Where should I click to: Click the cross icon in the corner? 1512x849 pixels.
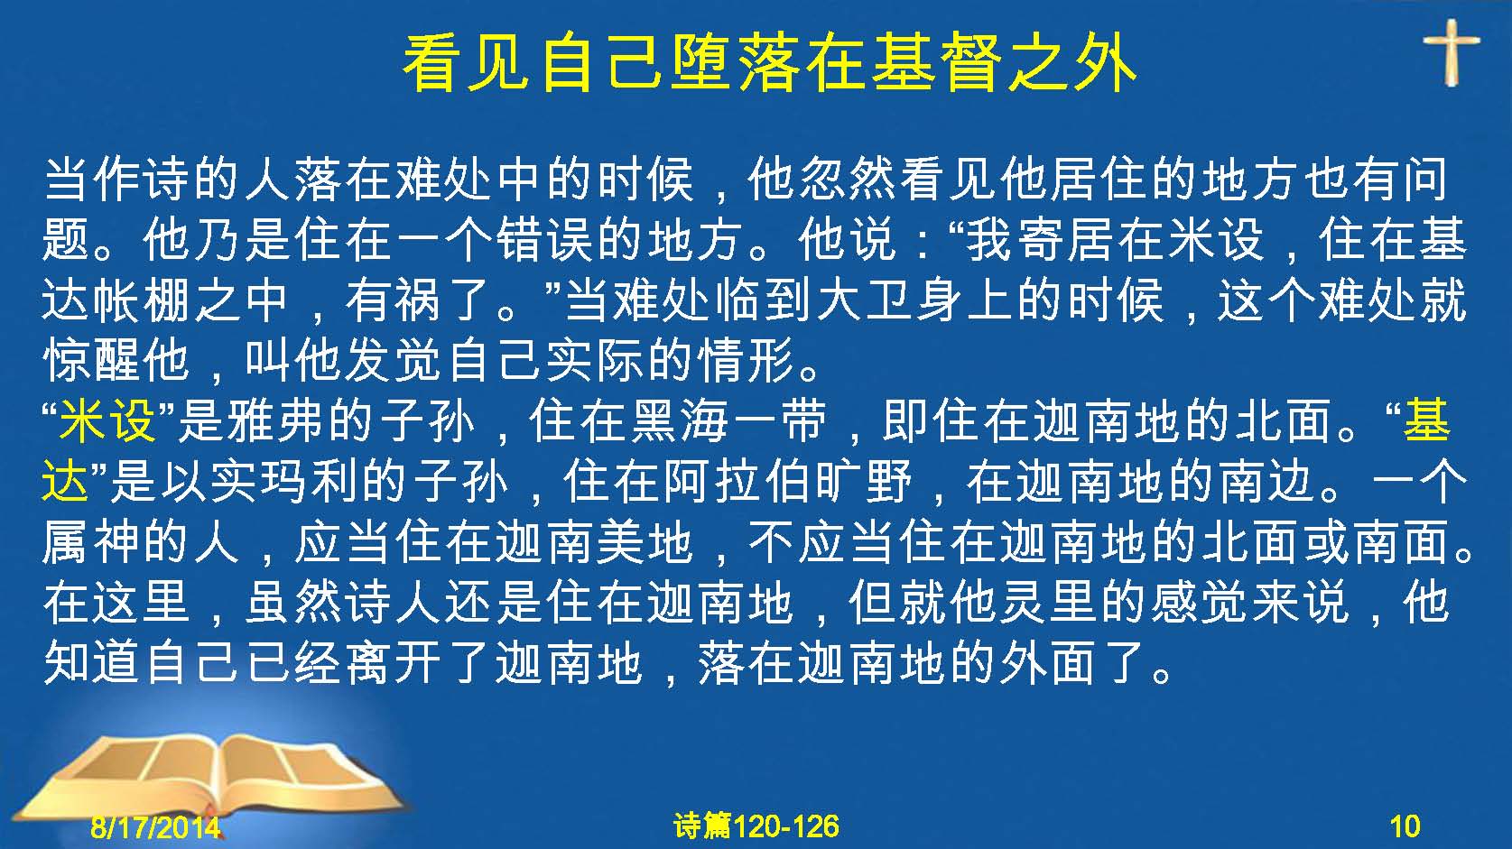[1452, 51]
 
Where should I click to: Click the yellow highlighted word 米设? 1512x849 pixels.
[107, 420]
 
